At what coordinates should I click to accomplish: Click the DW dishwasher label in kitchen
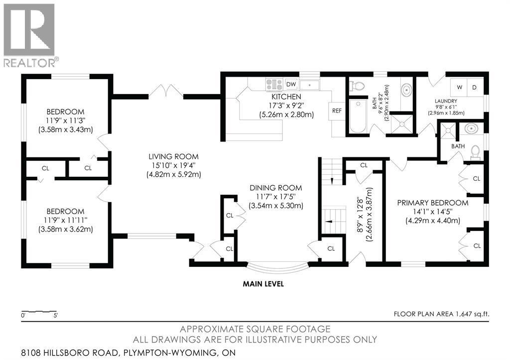coord(291,84)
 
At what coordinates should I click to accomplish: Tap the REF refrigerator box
coord(337,111)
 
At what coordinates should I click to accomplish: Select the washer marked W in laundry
coord(459,88)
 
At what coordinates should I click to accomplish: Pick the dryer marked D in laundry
coord(474,88)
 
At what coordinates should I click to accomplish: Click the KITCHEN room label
coord(286,97)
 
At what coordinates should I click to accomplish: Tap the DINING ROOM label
coord(276,188)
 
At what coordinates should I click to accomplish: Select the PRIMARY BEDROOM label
coord(432,203)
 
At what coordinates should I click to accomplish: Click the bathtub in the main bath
coord(357,118)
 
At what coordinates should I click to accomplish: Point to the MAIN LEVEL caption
coord(263,284)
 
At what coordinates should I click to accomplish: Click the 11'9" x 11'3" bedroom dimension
coord(65,120)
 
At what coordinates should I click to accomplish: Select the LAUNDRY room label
coord(445,99)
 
